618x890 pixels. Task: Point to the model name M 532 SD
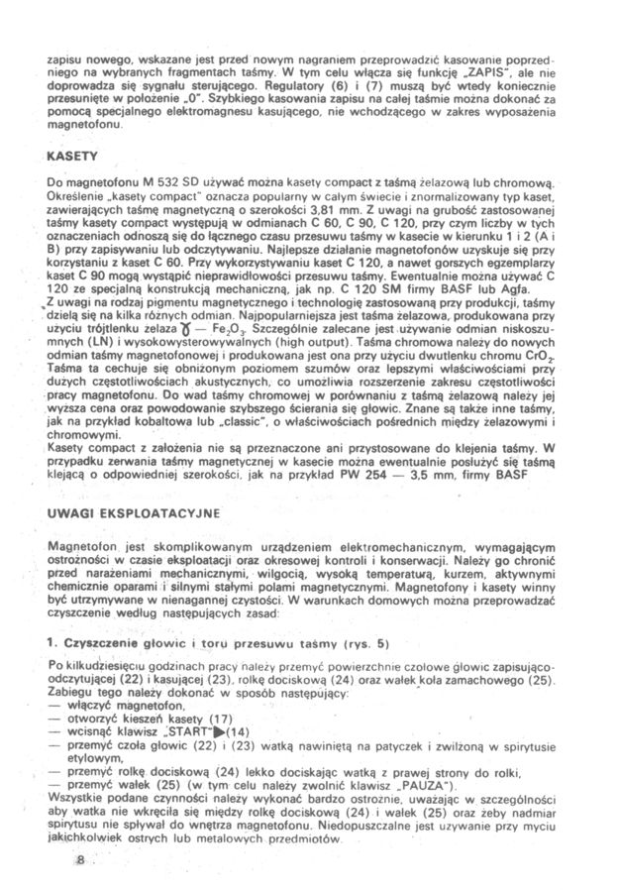(149, 184)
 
